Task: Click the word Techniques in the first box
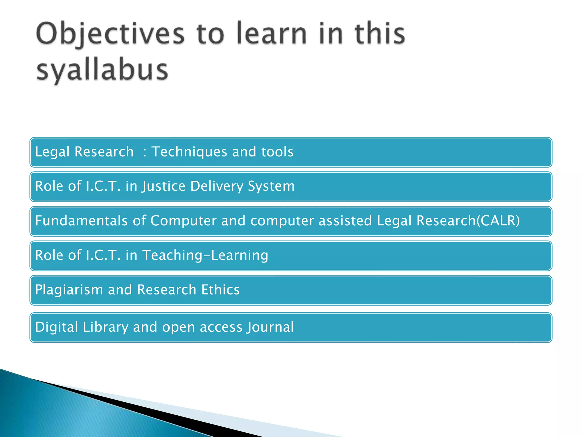point(189,152)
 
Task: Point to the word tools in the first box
point(277,152)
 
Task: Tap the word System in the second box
point(271,186)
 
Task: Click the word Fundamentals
point(81,221)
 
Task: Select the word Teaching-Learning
point(205,255)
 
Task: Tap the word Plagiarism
point(69,290)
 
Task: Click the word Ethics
point(220,290)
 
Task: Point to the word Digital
point(57,327)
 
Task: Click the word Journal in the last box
point(270,327)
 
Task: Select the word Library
point(105,327)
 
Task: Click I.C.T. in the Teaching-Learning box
point(103,255)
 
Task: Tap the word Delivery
point(217,186)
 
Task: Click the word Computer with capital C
point(183,221)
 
